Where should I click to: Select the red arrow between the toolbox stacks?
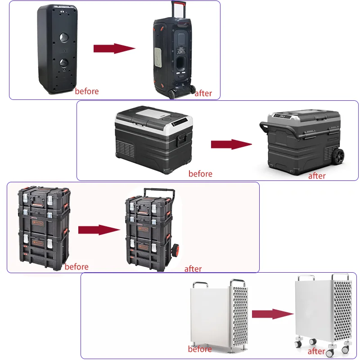tap(99, 229)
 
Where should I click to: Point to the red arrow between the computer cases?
tap(272, 314)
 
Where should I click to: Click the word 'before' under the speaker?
tap(87, 91)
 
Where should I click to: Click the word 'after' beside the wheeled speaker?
tap(203, 93)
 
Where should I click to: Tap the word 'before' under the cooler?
tap(200, 173)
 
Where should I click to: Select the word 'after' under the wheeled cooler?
tap(317, 176)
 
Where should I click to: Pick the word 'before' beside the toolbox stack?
tap(76, 266)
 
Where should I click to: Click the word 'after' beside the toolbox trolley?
tap(193, 269)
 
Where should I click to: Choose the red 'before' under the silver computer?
tap(200, 349)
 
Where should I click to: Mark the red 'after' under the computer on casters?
tap(316, 351)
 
